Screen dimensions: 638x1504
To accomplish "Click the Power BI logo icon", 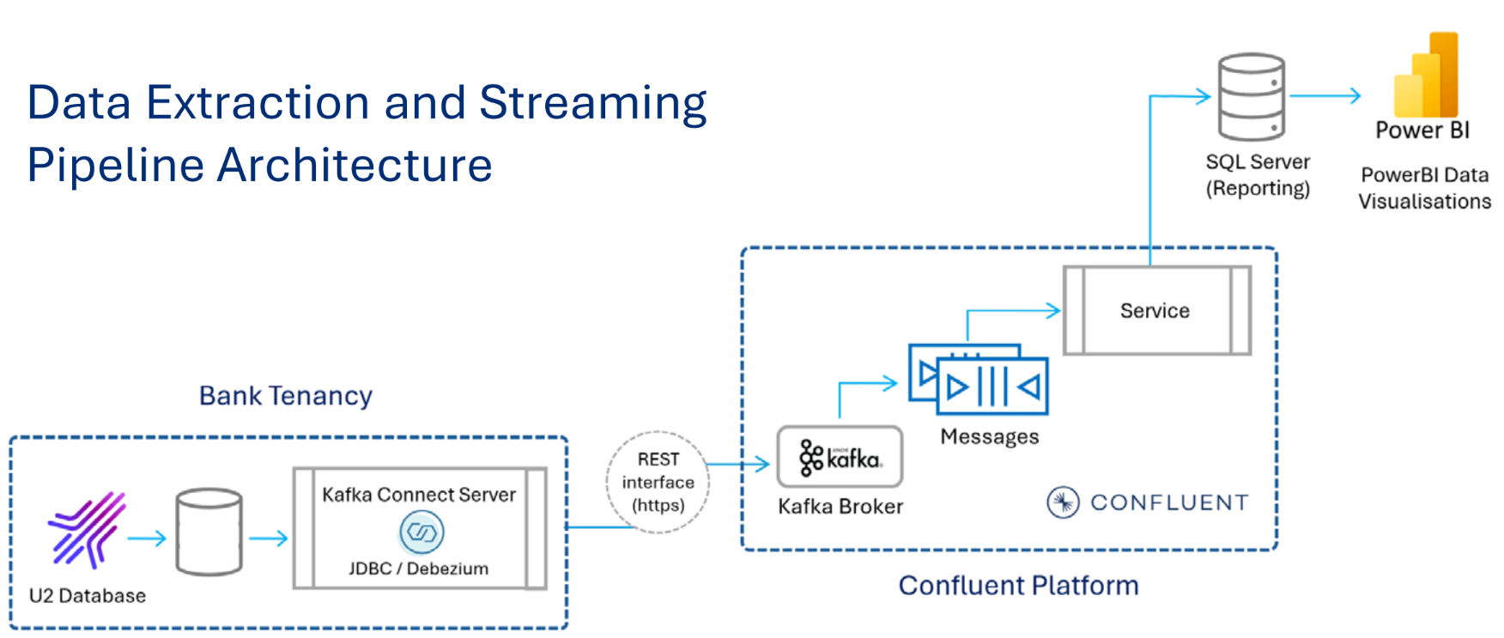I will point(1426,76).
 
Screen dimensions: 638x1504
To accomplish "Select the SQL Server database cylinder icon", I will point(1252,97).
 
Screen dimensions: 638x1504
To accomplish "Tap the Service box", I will point(1156,311).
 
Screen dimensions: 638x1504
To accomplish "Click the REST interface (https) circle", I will point(658,483).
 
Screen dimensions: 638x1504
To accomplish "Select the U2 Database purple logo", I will point(87,530).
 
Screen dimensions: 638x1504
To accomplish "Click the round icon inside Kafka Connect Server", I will point(421,532).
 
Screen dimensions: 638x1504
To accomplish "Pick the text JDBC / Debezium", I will point(418,568).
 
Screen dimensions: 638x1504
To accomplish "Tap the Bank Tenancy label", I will point(286,396).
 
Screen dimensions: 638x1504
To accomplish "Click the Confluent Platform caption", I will point(1018,586).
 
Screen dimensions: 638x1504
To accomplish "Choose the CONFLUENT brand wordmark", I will point(1168,502).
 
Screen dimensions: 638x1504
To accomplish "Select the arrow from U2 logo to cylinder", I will point(147,538).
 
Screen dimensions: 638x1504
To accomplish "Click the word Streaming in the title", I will point(592,103).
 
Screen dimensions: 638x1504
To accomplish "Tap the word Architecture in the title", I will point(355,165).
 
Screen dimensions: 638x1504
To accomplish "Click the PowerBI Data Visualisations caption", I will point(1424,188).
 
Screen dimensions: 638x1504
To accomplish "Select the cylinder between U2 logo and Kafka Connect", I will point(209,532).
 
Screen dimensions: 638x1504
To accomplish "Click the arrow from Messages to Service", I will point(1013,311).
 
